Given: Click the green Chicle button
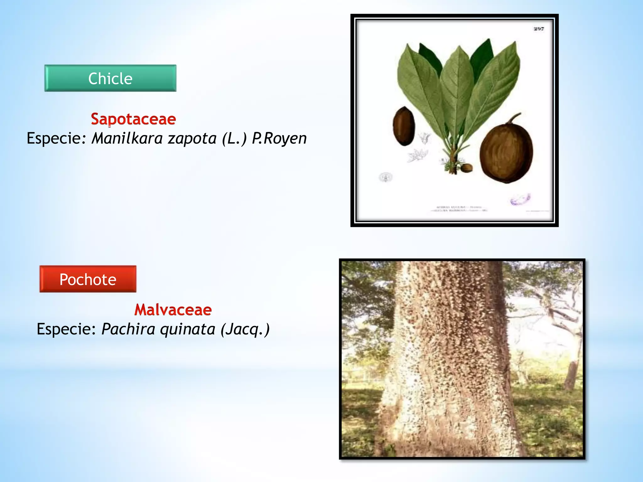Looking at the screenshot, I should coord(110,78).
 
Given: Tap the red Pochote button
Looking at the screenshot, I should coord(88,279).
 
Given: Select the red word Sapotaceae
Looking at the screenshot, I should coord(133,119).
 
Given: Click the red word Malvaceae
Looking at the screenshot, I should coord(173,310).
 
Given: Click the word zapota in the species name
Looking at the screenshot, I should coord(192,138).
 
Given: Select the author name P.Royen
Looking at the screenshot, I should coord(279,138).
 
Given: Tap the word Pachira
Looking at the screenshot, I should coord(128,329).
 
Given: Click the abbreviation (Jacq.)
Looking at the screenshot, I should coord(245,329).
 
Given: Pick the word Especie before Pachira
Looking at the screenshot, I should coord(66,329).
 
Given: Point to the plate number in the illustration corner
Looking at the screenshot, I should coord(538,29).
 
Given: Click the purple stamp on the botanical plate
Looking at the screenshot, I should coord(520,199).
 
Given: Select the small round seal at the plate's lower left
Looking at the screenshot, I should coord(386,177).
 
